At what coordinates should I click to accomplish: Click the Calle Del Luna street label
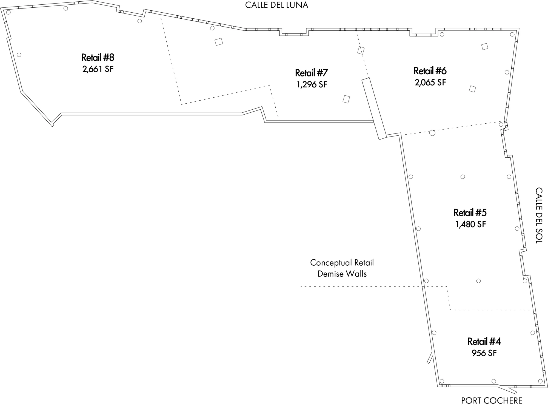click(276, 5)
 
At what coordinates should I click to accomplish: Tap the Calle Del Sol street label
click(539, 215)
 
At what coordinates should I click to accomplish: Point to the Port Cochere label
click(492, 401)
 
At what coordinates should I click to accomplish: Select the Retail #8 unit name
click(98, 58)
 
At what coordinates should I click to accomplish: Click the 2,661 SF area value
click(98, 69)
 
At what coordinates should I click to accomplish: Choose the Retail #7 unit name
click(312, 73)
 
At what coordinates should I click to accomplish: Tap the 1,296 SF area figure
click(312, 84)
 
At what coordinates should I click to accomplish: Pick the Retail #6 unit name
click(430, 71)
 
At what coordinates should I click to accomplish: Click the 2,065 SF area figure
click(430, 82)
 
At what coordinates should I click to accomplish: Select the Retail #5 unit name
click(470, 213)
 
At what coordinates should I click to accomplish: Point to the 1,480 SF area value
click(470, 224)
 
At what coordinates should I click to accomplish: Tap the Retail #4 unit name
click(484, 342)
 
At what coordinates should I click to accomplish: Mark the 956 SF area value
click(484, 353)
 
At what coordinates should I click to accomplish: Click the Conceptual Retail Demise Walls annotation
click(342, 268)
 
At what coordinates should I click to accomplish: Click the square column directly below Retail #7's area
click(346, 99)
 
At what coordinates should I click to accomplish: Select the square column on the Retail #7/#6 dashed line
click(361, 50)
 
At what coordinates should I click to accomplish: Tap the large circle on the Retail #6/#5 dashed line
click(432, 133)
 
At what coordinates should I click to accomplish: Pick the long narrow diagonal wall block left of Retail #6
click(374, 109)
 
